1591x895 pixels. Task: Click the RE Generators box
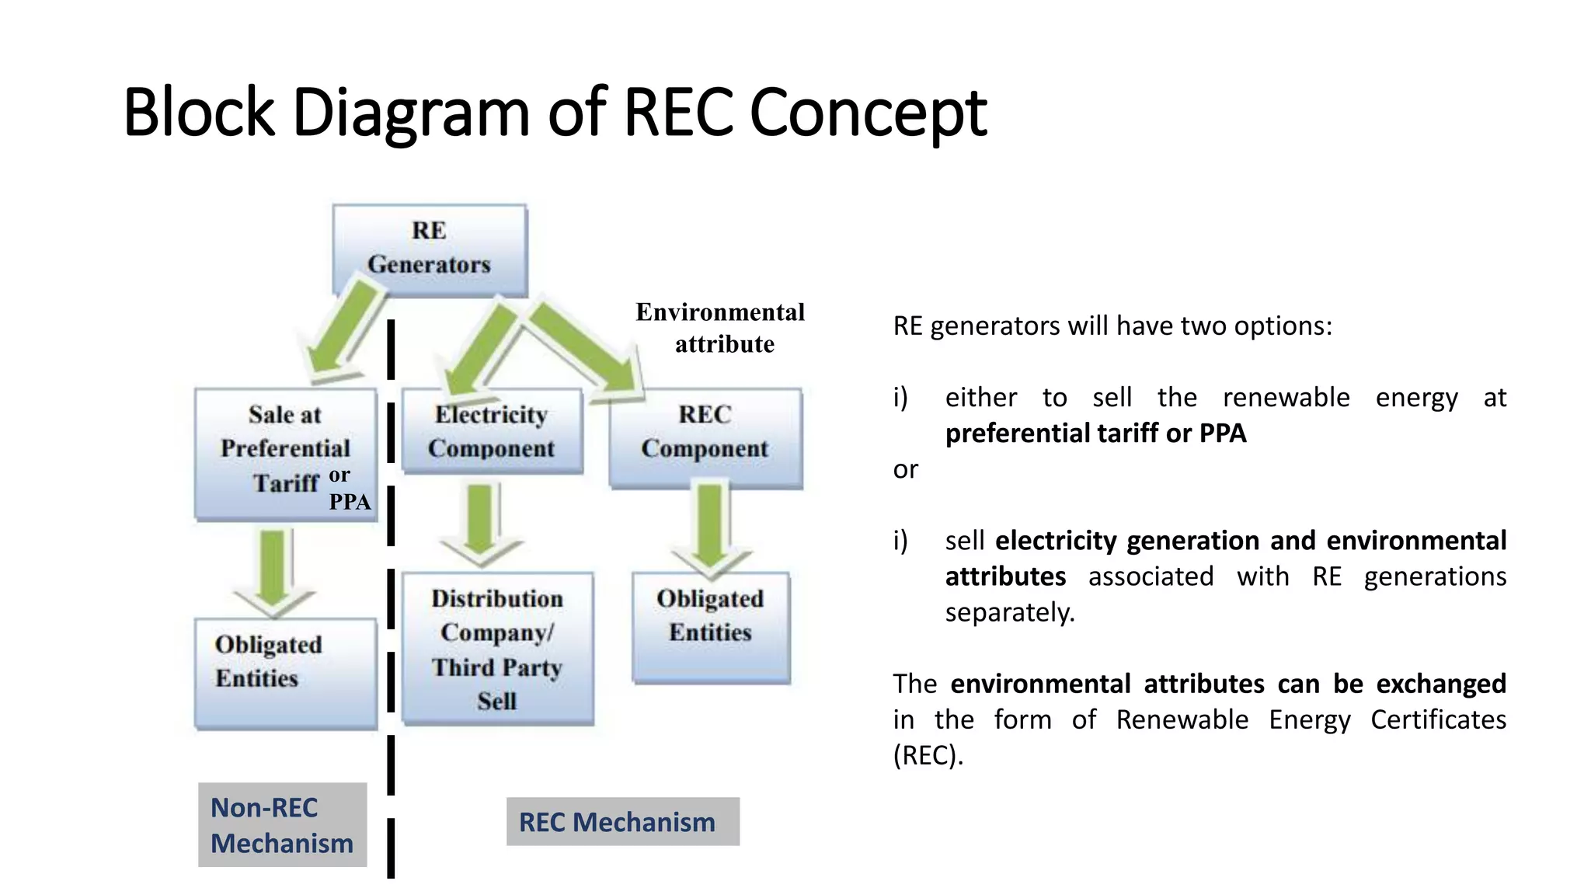429,249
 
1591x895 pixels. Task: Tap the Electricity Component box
491,432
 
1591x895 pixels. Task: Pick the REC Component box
705,437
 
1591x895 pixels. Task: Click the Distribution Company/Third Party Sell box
497,649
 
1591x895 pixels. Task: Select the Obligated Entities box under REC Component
710,626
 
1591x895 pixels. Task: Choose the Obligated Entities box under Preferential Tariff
285,673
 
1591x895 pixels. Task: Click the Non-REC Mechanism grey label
282,824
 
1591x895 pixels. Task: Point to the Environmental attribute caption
721,327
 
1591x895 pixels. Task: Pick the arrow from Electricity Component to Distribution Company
480,521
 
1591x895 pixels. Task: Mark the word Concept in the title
868,113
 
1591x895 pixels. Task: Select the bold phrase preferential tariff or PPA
1095,433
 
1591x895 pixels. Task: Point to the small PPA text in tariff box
350,502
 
